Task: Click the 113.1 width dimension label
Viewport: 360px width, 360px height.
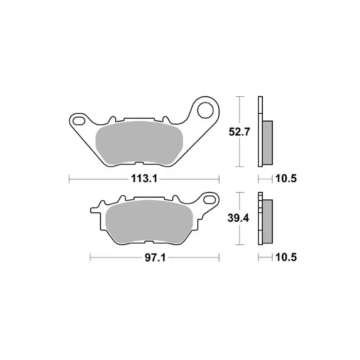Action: pos(144,178)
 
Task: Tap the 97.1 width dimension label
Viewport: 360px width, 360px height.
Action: pos(155,258)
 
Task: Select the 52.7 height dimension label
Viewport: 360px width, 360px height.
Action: pos(239,132)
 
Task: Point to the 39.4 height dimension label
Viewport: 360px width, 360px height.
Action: pos(238,218)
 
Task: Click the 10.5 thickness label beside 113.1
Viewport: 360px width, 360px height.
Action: pos(286,178)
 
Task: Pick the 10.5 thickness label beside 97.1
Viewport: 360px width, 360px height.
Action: pos(286,257)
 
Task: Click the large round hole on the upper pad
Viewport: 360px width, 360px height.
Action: pos(206,110)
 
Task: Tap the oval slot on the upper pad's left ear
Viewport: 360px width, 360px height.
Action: pos(79,120)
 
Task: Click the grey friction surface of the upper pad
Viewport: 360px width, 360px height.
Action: pos(139,143)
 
